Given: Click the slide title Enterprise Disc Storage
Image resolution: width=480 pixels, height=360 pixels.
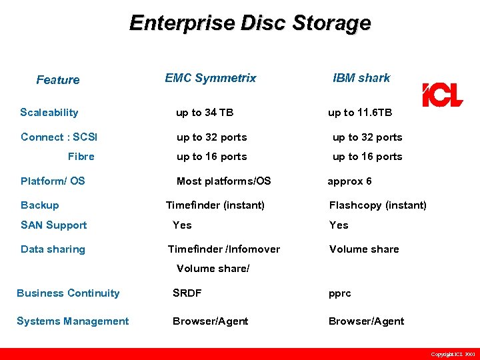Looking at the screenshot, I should [x=250, y=23].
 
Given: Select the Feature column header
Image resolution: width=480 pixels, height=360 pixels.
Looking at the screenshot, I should [x=58, y=80].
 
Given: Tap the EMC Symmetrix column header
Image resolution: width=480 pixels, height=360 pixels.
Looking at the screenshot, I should [x=211, y=78].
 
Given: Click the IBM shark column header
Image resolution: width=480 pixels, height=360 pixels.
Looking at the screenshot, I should [x=361, y=78].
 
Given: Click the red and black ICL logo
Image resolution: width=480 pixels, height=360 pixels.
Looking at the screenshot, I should [x=442, y=95].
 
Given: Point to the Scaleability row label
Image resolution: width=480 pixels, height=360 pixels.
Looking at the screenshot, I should [x=49, y=113].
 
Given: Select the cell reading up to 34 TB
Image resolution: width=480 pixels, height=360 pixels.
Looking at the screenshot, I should [x=205, y=113].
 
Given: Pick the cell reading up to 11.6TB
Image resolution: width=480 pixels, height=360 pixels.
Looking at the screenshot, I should [x=360, y=113].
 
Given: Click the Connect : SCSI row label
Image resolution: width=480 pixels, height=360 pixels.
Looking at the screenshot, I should [x=59, y=137].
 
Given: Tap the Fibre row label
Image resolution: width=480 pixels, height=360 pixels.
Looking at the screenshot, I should [x=81, y=157].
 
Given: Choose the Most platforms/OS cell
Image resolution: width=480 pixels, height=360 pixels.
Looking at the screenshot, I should [x=224, y=181].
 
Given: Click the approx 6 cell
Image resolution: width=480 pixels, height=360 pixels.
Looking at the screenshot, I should [x=350, y=181].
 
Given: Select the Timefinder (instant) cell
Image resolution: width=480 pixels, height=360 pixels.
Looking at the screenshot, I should [x=215, y=205].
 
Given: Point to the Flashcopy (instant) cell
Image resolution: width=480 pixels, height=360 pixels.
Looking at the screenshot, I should [x=378, y=205].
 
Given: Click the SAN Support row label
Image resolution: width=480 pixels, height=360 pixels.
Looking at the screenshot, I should [x=54, y=225].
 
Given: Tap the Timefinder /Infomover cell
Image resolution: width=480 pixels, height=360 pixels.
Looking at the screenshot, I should [x=224, y=249].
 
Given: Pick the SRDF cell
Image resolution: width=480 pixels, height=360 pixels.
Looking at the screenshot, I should [x=187, y=293].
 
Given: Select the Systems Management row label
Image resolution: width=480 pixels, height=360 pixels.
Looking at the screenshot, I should [x=73, y=321].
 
